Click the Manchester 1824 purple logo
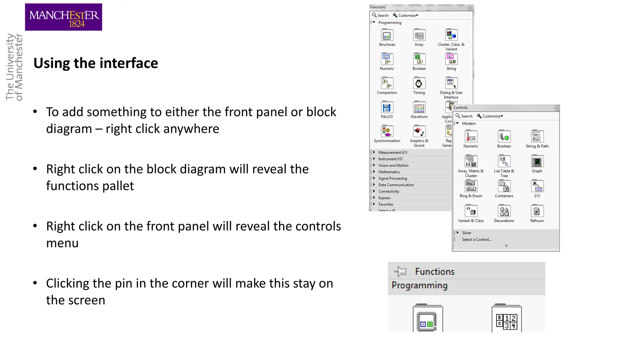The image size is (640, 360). coord(63,17)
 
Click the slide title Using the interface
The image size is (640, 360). coord(96,63)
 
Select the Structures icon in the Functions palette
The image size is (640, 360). coord(387,36)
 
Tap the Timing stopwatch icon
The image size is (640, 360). coord(419,83)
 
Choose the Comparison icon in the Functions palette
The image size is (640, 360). coord(387,83)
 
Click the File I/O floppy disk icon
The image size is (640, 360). coord(387,107)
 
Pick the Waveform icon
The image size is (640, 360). coord(419,107)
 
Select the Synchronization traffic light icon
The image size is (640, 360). coord(387,131)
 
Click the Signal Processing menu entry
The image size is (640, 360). coord(392,178)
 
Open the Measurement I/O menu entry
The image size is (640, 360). coord(393,152)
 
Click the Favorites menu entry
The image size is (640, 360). coord(386,204)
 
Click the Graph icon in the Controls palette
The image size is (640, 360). coord(537,162)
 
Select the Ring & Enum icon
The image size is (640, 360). coord(471,187)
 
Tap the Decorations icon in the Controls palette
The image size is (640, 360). coord(504,212)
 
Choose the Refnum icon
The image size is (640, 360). coord(537,212)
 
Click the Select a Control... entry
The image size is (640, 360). coord(477,240)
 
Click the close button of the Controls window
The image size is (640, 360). coord(557,108)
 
